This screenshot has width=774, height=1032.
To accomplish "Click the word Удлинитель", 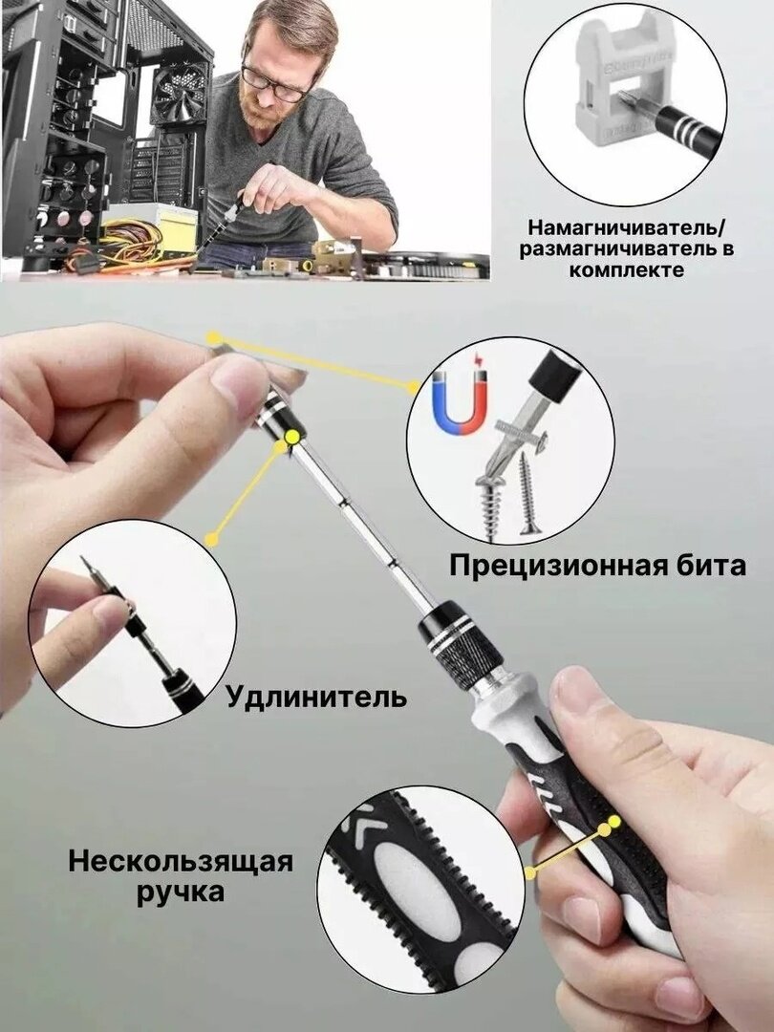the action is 316,697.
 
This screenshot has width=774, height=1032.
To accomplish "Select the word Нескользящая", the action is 181,862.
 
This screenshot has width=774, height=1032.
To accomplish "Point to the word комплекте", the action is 627,269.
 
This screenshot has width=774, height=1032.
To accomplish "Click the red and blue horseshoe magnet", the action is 462,400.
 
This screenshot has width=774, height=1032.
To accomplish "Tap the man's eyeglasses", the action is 275,84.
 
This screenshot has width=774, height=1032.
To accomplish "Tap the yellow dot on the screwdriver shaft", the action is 292,437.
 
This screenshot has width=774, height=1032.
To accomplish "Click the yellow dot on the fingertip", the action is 212,338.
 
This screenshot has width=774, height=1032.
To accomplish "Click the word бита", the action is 716,566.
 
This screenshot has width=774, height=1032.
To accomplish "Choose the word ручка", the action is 181,893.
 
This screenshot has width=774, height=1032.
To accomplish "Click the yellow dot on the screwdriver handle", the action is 614,822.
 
